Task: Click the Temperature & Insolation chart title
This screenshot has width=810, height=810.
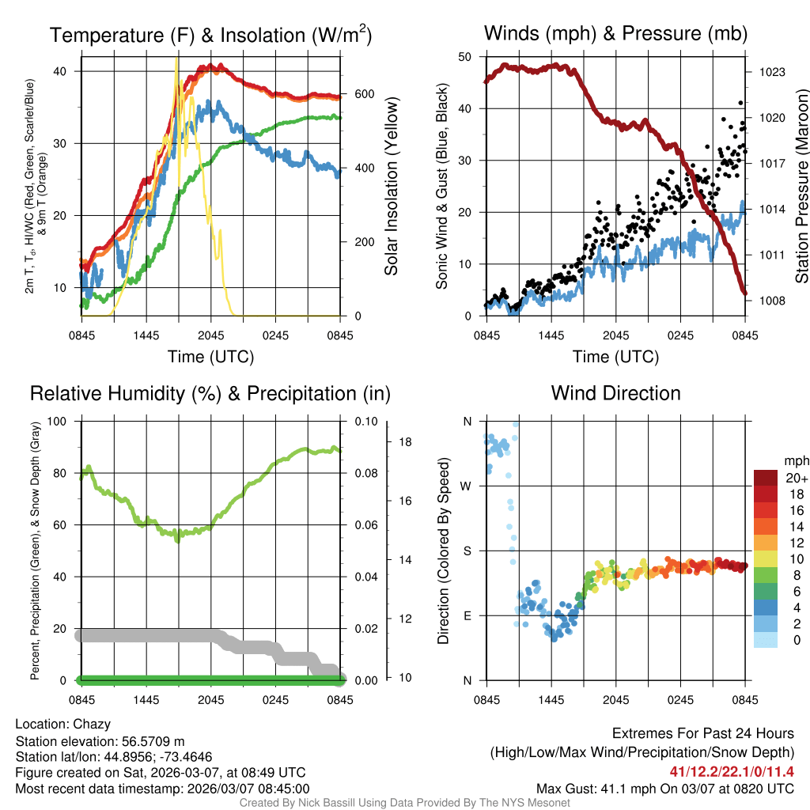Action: [210, 35]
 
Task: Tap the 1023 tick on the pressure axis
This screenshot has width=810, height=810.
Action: [770, 72]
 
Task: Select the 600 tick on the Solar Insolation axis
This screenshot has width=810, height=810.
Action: [364, 94]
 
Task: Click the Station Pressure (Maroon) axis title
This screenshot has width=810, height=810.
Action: [801, 186]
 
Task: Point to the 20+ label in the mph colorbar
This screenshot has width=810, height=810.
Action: [797, 479]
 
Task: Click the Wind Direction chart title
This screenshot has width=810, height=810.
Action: [615, 393]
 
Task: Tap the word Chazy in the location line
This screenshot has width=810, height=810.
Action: [92, 724]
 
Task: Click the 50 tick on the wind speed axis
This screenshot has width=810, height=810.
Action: [465, 57]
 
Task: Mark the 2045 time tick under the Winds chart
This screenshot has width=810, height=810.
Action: [615, 335]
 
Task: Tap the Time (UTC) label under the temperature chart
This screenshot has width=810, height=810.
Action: [210, 357]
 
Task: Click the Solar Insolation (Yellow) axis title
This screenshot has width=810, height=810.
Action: [391, 186]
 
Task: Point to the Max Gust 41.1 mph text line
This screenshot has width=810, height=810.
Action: [664, 788]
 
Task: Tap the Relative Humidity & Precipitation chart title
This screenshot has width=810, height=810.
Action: [210, 393]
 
